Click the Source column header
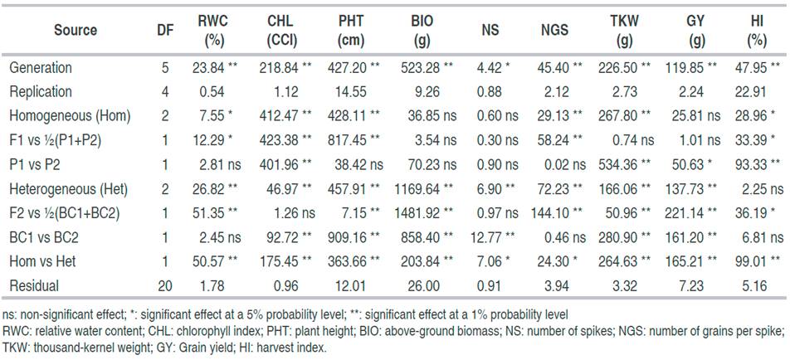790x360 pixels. pyautogui.click(x=76, y=31)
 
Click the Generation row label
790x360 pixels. pyautogui.click(x=40, y=68)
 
